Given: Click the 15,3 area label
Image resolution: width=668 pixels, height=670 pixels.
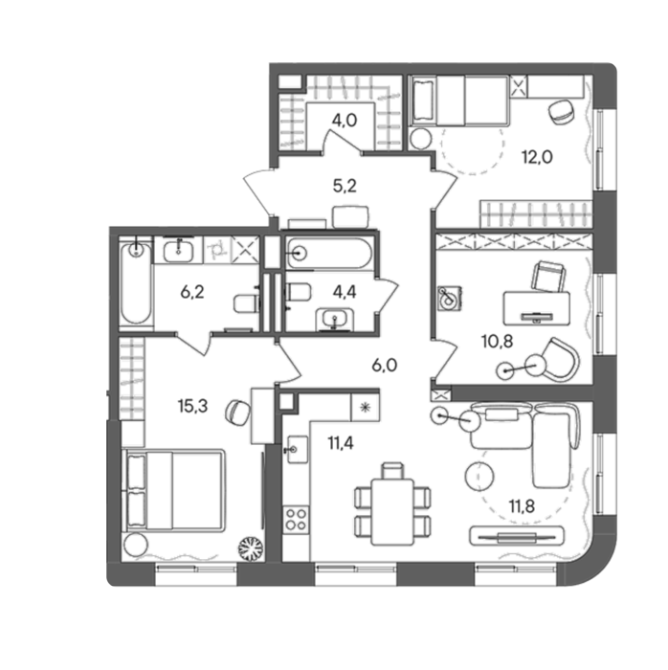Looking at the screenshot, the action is [192, 407].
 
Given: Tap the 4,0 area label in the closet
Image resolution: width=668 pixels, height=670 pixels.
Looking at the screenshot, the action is [345, 121].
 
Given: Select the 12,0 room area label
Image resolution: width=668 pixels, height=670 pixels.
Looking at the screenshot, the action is [537, 157].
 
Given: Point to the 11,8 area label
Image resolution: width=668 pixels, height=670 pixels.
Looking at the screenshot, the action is [522, 506].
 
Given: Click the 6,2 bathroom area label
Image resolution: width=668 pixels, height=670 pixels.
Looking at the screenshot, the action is [192, 292].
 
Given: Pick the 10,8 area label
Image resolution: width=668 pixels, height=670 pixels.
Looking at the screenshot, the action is [497, 342].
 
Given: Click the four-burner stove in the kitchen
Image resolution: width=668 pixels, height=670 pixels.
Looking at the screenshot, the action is [296, 519].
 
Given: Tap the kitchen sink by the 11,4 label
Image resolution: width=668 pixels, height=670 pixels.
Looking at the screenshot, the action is [298, 449].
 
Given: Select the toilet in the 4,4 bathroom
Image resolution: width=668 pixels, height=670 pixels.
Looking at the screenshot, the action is [298, 293].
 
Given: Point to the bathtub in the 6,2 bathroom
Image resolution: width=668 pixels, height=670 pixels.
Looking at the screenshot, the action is [136, 283].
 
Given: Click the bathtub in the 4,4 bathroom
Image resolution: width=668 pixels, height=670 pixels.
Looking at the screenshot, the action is [329, 254].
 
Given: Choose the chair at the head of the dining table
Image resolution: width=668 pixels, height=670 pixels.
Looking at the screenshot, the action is [393, 471].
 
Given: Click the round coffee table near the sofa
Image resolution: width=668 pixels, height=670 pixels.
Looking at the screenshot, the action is [479, 477].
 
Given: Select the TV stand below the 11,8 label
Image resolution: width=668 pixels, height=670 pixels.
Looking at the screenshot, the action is [517, 536].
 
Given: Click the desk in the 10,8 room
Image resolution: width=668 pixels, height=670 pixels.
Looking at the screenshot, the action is [537, 308].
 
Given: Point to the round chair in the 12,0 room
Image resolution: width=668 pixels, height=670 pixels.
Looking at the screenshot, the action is [560, 112].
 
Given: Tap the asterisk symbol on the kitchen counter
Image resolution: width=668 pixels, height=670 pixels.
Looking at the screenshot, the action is [365, 407].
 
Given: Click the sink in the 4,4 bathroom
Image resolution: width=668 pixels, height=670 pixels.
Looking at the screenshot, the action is [335, 320].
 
